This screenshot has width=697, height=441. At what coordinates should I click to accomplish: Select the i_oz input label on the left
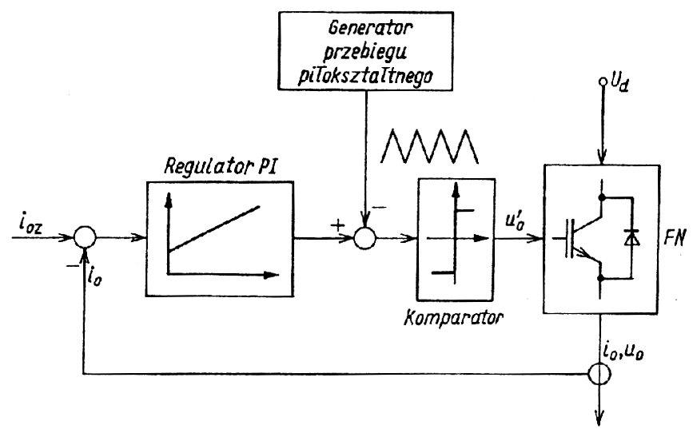click(30, 228)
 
